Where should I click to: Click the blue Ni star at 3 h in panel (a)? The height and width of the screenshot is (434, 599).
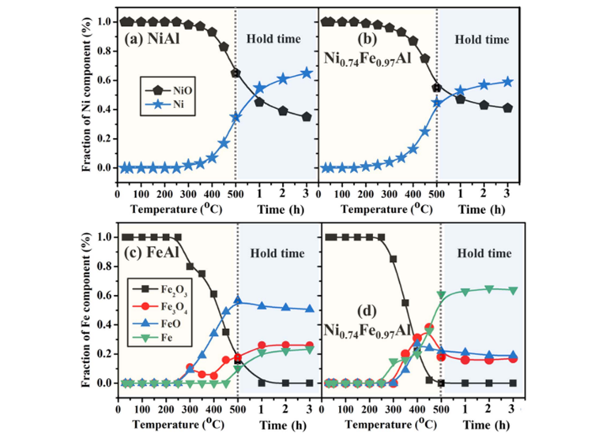coord(307,73)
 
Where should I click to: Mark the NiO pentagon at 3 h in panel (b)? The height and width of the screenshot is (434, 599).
coord(507,108)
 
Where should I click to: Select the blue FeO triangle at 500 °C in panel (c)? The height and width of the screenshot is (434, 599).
coord(236,300)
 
